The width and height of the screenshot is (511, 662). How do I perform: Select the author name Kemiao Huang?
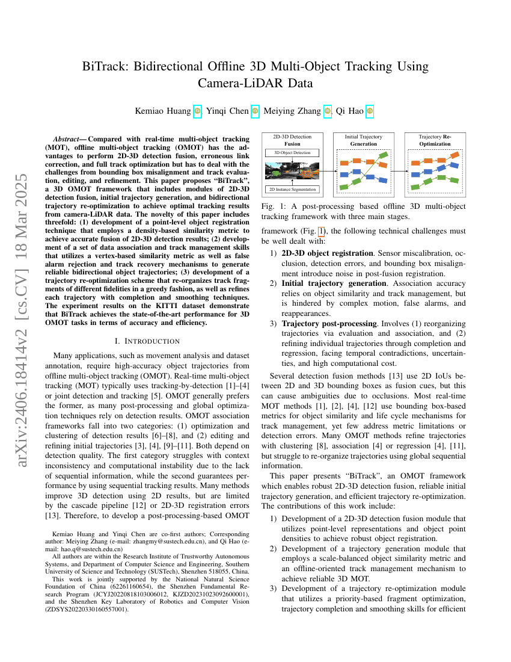click(166, 111)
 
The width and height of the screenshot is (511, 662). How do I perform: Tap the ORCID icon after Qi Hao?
click(370, 111)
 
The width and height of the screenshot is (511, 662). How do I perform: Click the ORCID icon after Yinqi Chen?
click(255, 111)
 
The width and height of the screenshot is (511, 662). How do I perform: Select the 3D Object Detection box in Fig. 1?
click(292, 153)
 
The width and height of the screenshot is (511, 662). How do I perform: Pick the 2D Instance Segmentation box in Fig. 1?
click(292, 190)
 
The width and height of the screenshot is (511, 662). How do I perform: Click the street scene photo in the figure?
click(292, 171)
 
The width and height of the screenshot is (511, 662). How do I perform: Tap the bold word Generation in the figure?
click(363, 144)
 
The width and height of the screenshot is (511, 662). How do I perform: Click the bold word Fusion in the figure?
click(292, 144)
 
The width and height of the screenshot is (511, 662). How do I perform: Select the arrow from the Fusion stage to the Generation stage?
click(326, 171)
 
